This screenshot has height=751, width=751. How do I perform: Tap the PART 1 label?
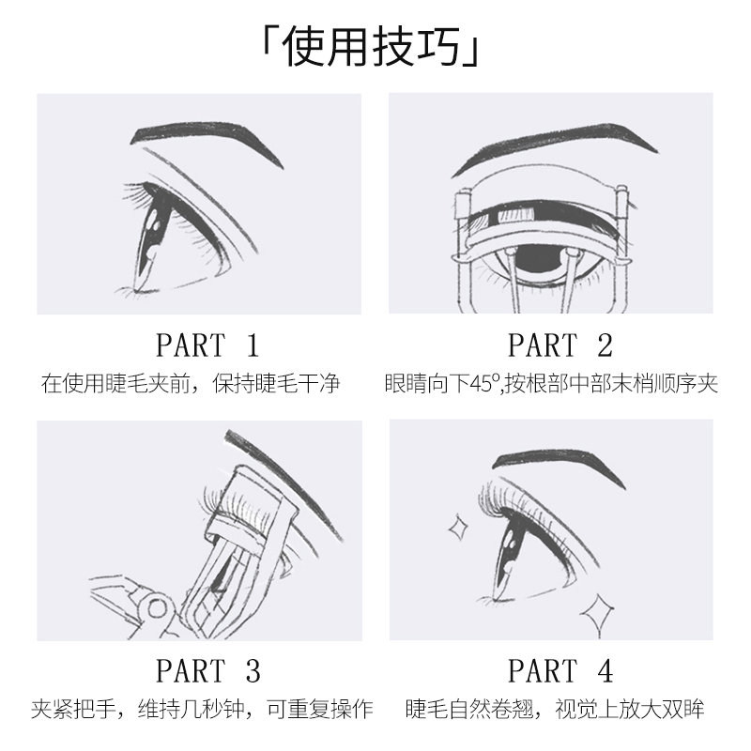coord(207,345)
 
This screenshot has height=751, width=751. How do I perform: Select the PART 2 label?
coord(559,345)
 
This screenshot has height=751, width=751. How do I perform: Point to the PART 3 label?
coord(207,670)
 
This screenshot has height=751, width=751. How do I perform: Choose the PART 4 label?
coord(559,670)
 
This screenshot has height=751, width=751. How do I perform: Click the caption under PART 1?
coord(190,385)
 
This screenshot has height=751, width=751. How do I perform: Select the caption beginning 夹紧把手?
coord(201,709)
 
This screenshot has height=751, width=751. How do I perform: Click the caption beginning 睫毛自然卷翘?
coord(555,709)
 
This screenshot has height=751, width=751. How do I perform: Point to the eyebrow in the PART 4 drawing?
coord(563,462)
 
